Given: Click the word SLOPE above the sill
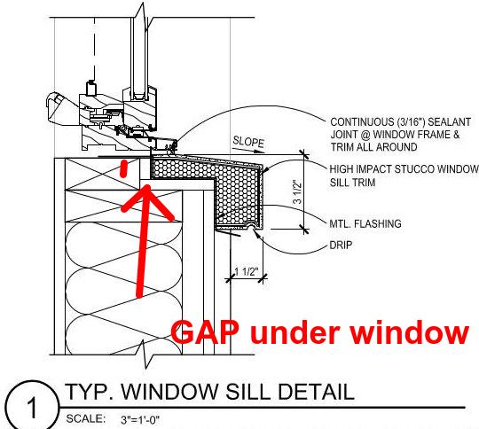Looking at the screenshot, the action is pyautogui.click(x=248, y=142).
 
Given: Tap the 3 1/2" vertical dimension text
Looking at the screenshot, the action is pyautogui.click(x=297, y=191).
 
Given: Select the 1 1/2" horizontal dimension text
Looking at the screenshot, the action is pyautogui.click(x=247, y=271).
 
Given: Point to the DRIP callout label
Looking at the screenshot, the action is pyautogui.click(x=341, y=246).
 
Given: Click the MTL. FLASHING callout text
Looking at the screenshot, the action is pyautogui.click(x=365, y=224).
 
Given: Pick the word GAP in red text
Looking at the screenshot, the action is pyautogui.click(x=205, y=332).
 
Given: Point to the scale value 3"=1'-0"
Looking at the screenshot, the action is pyautogui.click(x=140, y=420).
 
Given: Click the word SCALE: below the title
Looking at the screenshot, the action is pyautogui.click(x=85, y=418).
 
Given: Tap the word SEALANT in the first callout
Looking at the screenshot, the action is pyautogui.click(x=450, y=122).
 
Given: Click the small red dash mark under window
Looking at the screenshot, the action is pyautogui.click(x=123, y=168).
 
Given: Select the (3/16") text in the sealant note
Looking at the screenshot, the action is pyautogui.click(x=411, y=122).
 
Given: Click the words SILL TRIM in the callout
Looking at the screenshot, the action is pyautogui.click(x=352, y=183).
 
